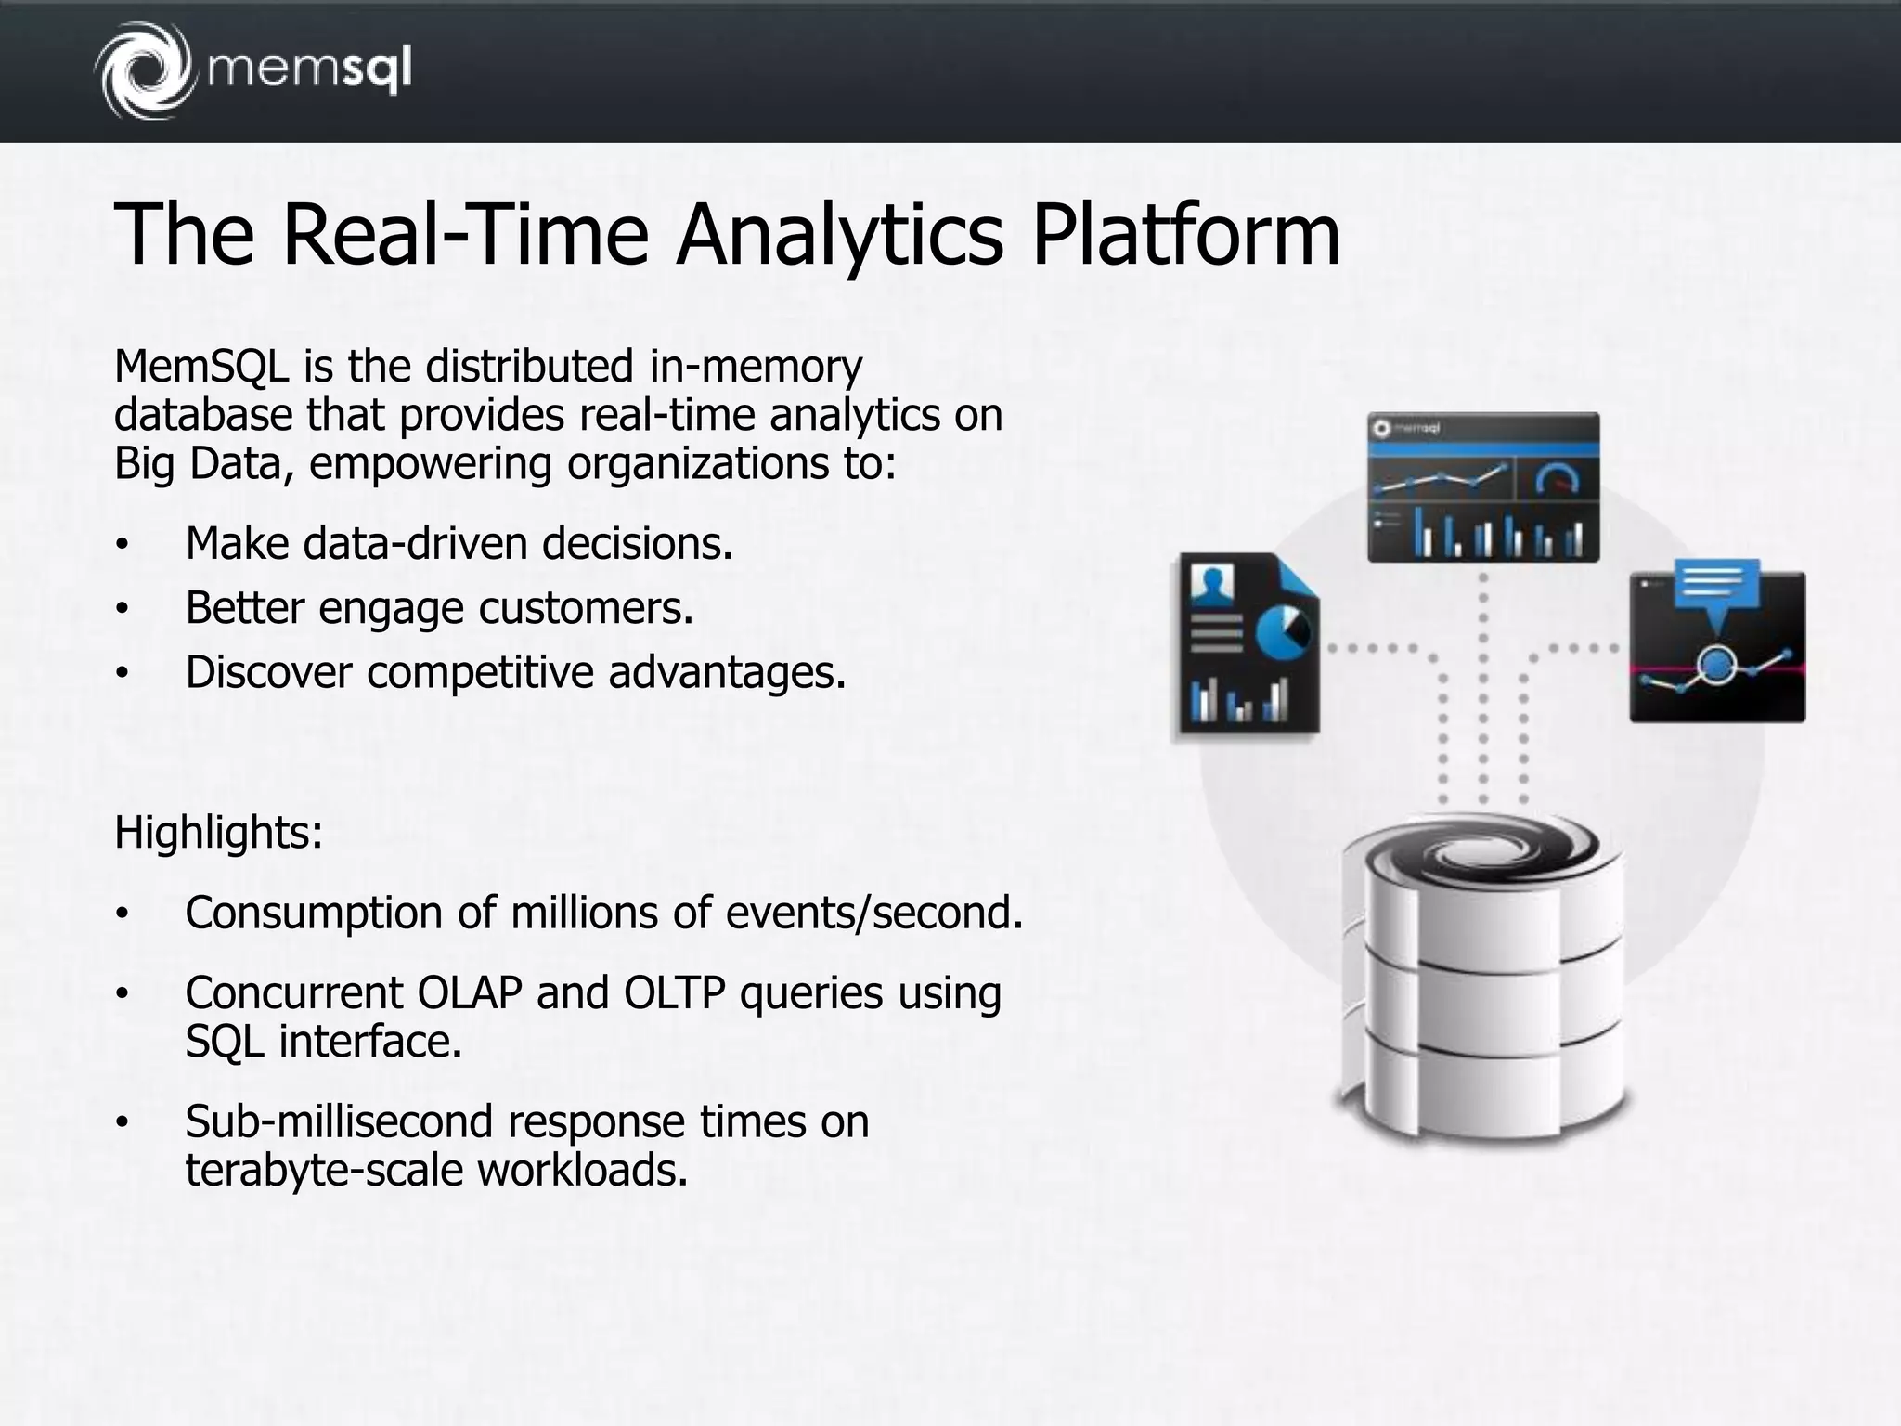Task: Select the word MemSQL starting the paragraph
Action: click(x=200, y=367)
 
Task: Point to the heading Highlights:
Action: click(x=218, y=832)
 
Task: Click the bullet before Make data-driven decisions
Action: click(x=121, y=545)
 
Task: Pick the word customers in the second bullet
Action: click(x=585, y=608)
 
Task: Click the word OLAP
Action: click(x=470, y=992)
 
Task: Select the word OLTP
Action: click(x=674, y=992)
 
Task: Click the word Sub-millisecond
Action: click(x=339, y=1121)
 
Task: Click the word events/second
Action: click(x=873, y=913)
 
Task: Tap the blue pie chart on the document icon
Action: click(x=1282, y=632)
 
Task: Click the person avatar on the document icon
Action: click(x=1211, y=585)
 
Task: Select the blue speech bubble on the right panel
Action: click(x=1717, y=587)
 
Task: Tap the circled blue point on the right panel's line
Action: click(x=1716, y=664)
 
